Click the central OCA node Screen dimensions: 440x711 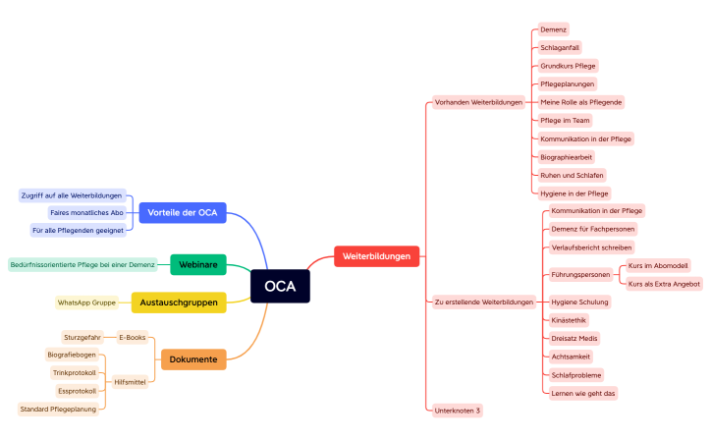[280, 286]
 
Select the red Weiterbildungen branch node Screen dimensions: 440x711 [377, 256]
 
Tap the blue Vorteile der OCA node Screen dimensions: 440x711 [183, 212]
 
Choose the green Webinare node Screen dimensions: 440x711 [197, 264]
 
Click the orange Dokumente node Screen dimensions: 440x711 [193, 359]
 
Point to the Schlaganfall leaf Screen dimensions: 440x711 [560, 47]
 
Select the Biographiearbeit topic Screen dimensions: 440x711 [567, 156]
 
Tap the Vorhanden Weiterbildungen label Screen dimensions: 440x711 [478, 102]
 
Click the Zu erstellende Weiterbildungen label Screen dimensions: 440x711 [484, 302]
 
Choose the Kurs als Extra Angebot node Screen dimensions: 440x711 [664, 284]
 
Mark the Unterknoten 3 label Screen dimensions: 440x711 [458, 409]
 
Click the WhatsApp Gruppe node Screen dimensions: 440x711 [86, 302]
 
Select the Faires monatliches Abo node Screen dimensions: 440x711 [87, 212]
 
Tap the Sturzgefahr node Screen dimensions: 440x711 [82, 337]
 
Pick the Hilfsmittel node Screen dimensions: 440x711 [131, 382]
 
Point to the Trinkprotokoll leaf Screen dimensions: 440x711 [75, 372]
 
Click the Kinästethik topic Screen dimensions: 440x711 [570, 320]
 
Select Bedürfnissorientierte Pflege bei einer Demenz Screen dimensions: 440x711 [82, 264]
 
